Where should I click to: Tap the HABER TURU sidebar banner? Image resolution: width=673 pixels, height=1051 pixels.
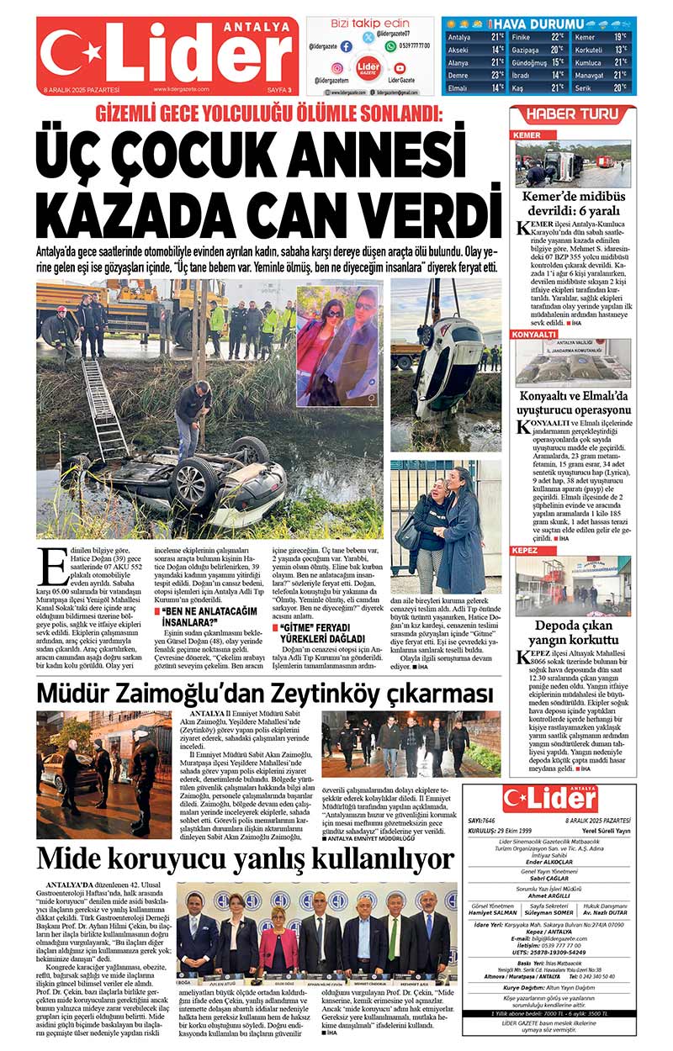[572, 114]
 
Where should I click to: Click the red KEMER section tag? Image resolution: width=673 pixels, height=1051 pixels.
[527, 135]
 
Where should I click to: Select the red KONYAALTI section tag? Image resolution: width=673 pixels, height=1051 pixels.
[535, 335]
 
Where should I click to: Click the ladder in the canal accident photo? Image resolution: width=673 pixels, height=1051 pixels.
[102, 411]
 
